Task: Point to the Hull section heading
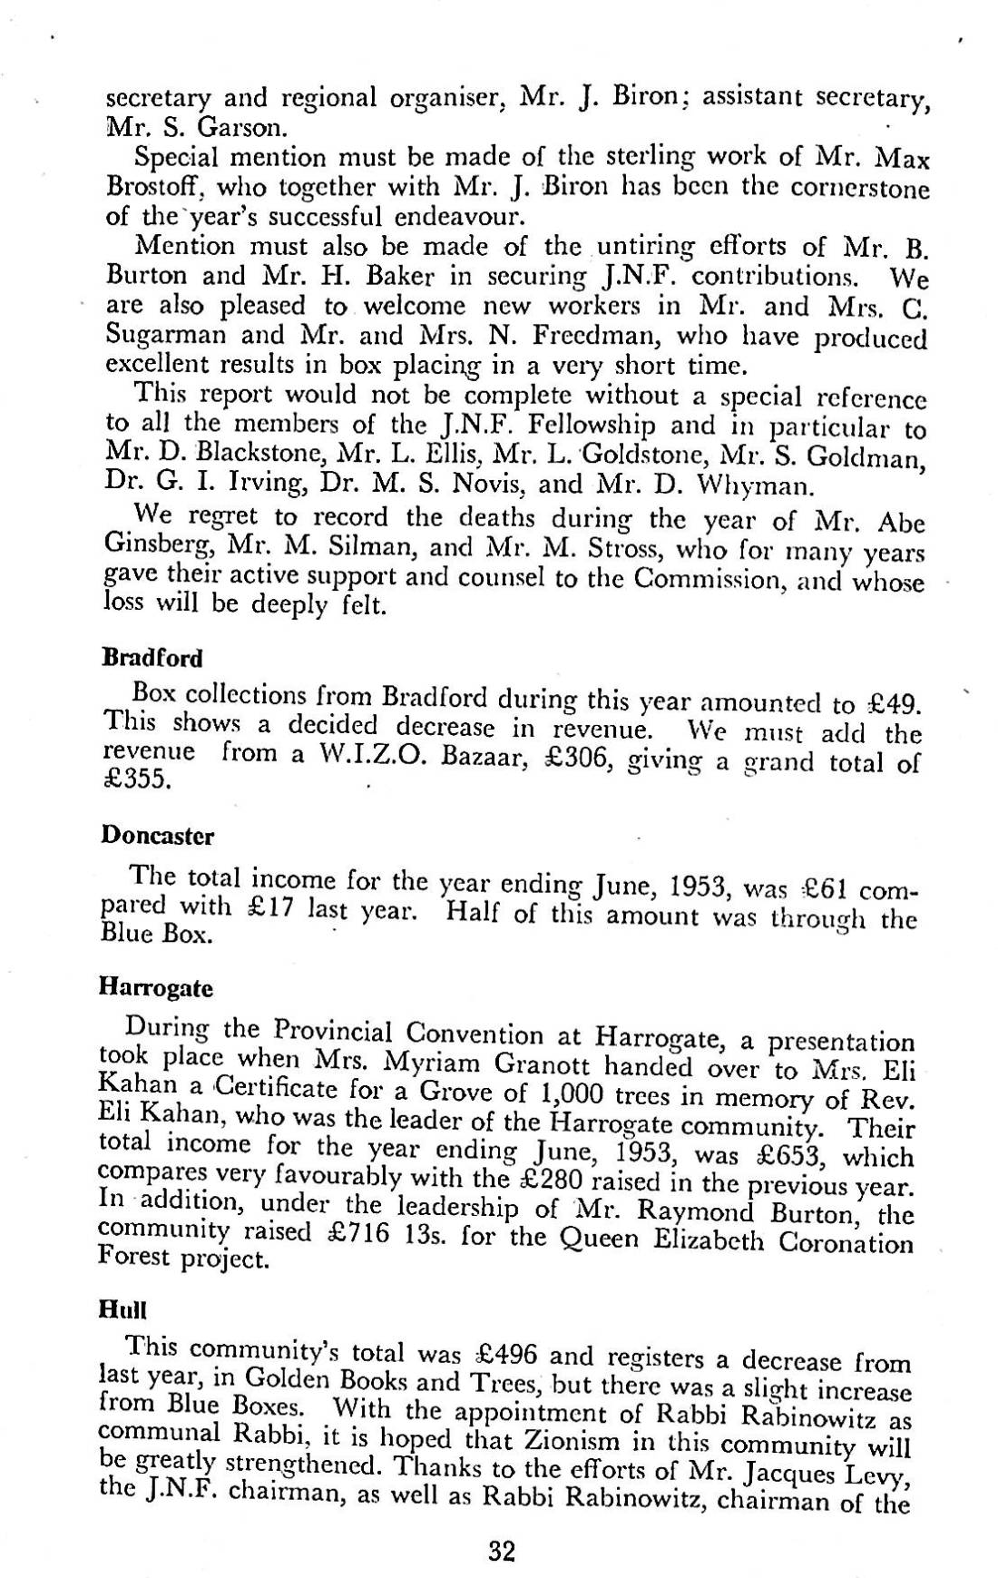tap(122, 1309)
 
